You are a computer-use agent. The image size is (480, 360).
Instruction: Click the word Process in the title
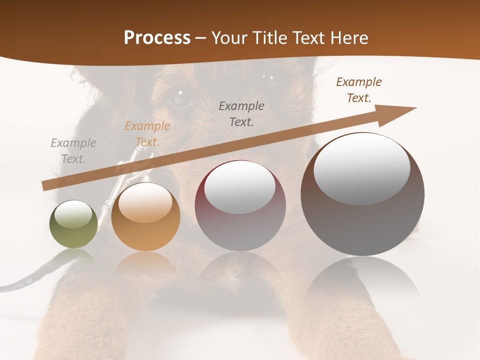[157, 38]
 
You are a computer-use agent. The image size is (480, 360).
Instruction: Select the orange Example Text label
[147, 134]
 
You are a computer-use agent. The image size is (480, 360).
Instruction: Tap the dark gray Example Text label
[241, 113]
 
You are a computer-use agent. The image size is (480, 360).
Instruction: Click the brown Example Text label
[359, 90]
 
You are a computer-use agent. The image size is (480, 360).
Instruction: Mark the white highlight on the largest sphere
[361, 168]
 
